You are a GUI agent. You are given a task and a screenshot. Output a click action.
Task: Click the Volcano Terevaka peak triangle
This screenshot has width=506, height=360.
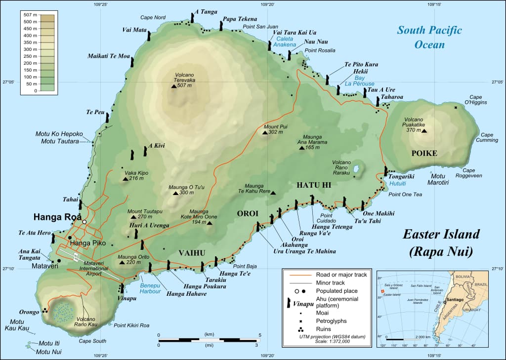tap(174, 86)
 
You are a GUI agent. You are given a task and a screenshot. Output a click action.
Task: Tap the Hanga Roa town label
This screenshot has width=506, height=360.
tap(54, 217)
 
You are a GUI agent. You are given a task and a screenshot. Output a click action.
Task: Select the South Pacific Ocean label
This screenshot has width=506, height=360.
tap(429, 37)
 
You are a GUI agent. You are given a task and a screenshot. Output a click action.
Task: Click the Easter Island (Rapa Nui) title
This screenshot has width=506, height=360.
tap(440, 242)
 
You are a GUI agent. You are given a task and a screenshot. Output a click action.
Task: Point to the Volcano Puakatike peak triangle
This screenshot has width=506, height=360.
tap(423, 131)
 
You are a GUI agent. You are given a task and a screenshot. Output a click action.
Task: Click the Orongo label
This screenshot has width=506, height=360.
tap(29, 312)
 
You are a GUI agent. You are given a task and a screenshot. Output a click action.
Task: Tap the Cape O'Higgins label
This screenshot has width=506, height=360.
tap(478, 99)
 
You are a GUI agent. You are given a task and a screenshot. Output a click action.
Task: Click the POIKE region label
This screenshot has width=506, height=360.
tap(424, 153)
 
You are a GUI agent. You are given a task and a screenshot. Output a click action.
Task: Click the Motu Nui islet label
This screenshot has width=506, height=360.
tap(50, 351)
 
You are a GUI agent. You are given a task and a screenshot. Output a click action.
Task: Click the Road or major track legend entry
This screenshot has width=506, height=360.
tap(341, 275)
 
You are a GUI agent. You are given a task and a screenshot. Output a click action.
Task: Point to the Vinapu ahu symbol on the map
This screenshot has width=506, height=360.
tap(122, 289)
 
